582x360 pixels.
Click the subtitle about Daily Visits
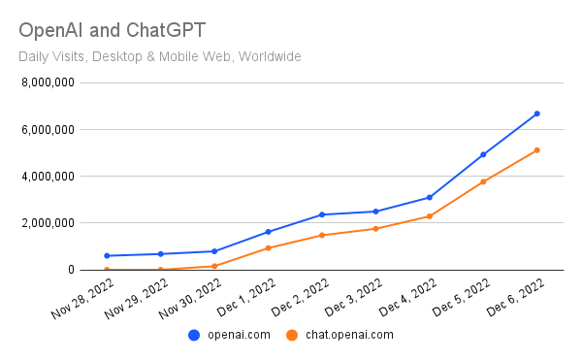[160, 56]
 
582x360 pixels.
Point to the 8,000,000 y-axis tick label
[47, 82]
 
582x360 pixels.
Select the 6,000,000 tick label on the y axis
[47, 129]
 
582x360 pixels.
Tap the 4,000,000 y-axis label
[47, 177]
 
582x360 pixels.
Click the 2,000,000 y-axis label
[47, 223]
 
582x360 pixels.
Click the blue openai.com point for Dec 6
[536, 114]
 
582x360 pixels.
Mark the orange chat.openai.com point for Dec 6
[536, 150]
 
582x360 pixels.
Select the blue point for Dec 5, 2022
[483, 154]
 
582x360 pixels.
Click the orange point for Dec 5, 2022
[483, 181]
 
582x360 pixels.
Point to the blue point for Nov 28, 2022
[107, 256]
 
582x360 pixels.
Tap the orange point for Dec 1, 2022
[268, 248]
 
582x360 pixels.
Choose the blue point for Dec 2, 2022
[322, 214]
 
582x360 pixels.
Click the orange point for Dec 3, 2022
[375, 229]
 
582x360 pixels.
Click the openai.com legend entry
[229, 335]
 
